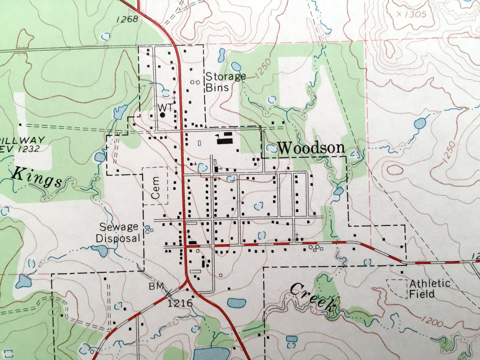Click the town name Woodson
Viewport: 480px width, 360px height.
coord(311,148)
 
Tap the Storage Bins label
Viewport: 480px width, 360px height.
coord(225,82)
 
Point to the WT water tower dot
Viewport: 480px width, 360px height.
coord(163,114)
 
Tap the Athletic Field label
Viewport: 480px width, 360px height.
coord(429,288)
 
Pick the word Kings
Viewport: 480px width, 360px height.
coord(37,177)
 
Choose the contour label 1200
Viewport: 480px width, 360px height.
coord(431,323)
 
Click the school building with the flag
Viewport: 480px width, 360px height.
coord(224,138)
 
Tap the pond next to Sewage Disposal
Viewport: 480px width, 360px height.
coord(101,250)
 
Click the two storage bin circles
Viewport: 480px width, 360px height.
coord(195,83)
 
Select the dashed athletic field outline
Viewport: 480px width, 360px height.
coord(397,288)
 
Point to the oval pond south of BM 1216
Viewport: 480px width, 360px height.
coord(237,302)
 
